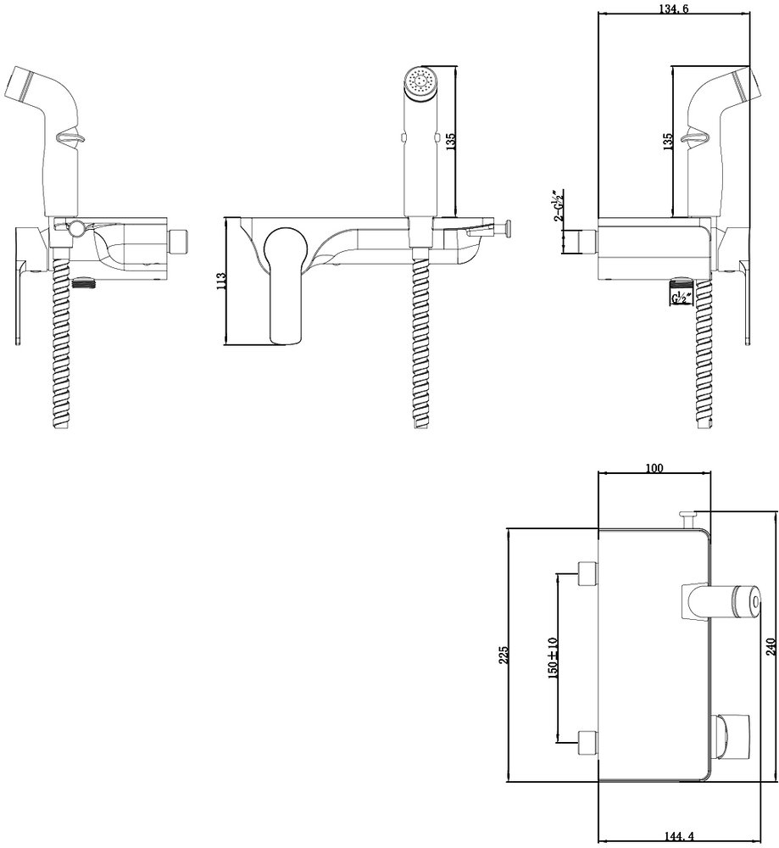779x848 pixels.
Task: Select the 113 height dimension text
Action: pyautogui.click(x=220, y=282)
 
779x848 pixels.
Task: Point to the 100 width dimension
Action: pyautogui.click(x=654, y=468)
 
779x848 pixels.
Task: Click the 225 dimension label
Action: pyautogui.click(x=504, y=655)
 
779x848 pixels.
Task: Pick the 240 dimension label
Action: pyautogui.click(x=771, y=647)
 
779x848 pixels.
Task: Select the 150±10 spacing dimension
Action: pyautogui.click(x=552, y=658)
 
